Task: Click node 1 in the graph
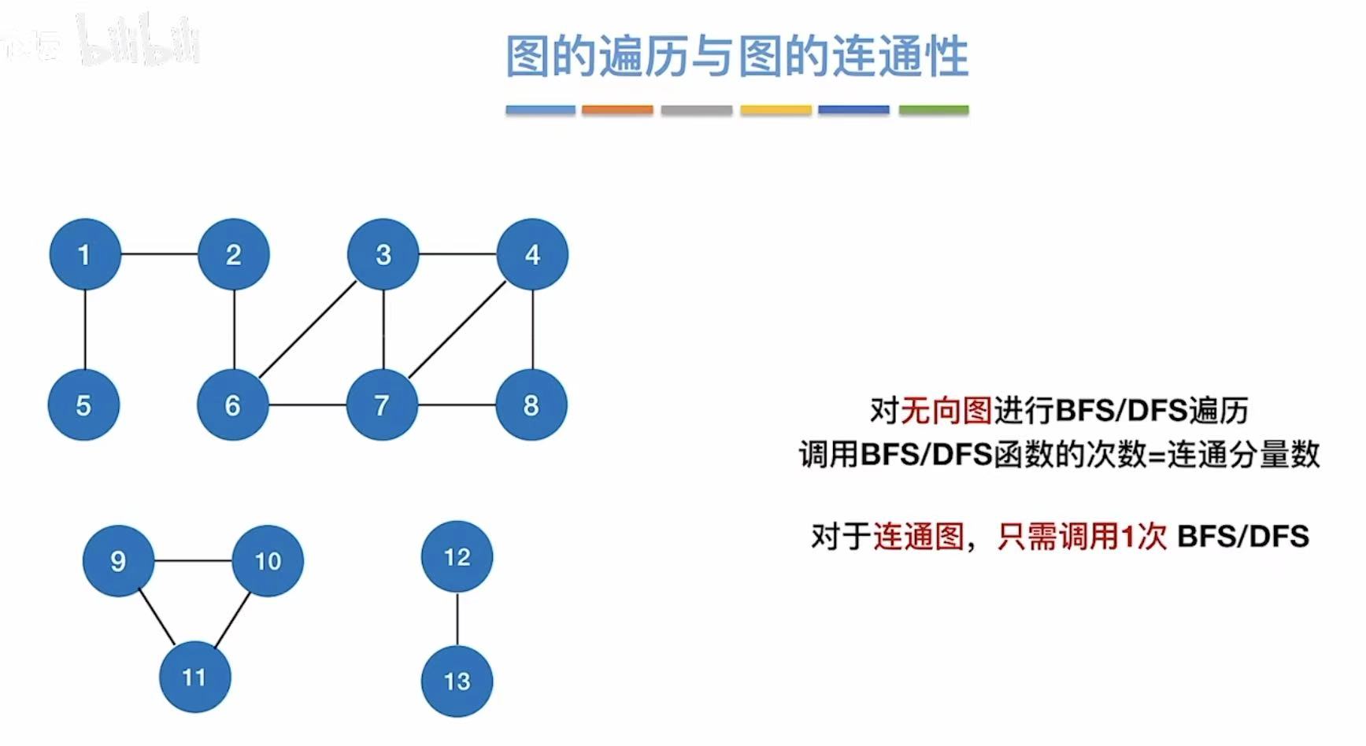point(84,254)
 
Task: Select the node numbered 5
point(83,404)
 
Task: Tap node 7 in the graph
point(383,404)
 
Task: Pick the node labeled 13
point(457,681)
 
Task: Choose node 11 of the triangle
point(194,677)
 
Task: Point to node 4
point(532,254)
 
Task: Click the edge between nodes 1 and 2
point(159,254)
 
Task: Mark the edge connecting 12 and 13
point(457,619)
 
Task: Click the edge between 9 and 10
point(193,561)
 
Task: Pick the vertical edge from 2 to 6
point(234,329)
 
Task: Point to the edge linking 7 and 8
point(457,404)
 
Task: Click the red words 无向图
point(946,410)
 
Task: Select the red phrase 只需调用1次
point(1082,537)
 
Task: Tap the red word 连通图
point(919,537)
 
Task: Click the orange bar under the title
point(617,110)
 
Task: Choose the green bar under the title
point(934,110)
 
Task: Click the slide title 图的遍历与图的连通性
point(737,57)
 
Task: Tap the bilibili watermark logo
point(138,39)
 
